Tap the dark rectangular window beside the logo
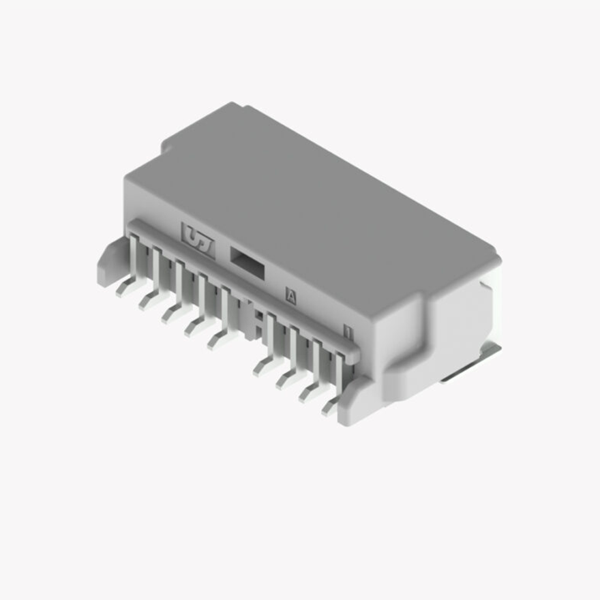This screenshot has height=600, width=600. click(x=246, y=262)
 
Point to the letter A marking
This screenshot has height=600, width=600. click(x=291, y=296)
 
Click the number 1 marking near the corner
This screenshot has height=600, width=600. click(x=348, y=333)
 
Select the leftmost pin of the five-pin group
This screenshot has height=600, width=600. click(x=130, y=283)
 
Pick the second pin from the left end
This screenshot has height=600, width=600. click(x=153, y=297)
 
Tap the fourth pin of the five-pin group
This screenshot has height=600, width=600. click(x=198, y=323)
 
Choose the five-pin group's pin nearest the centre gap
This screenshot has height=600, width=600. click(x=222, y=336)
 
